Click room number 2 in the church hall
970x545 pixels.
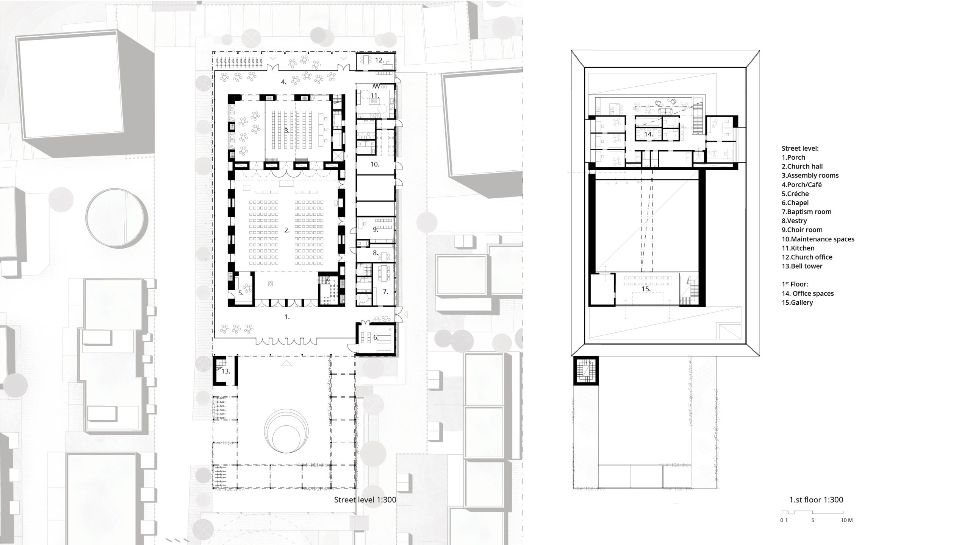click(x=287, y=230)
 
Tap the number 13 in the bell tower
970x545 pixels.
click(x=225, y=371)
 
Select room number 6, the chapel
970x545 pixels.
click(x=375, y=337)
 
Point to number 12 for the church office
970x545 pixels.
click(x=379, y=60)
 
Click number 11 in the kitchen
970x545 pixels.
click(x=374, y=95)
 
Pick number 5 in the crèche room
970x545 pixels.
click(x=241, y=293)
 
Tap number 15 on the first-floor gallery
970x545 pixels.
click(x=646, y=289)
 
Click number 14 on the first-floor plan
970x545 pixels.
click(x=648, y=134)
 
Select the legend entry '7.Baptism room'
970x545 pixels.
click(x=806, y=212)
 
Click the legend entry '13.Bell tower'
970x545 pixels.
click(x=802, y=266)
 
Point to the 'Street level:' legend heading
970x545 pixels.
click(x=800, y=148)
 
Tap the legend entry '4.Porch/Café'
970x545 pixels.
click(x=801, y=185)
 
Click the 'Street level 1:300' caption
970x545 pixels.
click(x=365, y=500)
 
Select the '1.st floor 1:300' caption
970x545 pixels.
click(x=816, y=500)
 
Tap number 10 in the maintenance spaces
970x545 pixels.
click(x=374, y=164)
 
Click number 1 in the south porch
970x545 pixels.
click(x=287, y=317)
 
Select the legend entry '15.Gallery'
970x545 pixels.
click(x=797, y=302)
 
